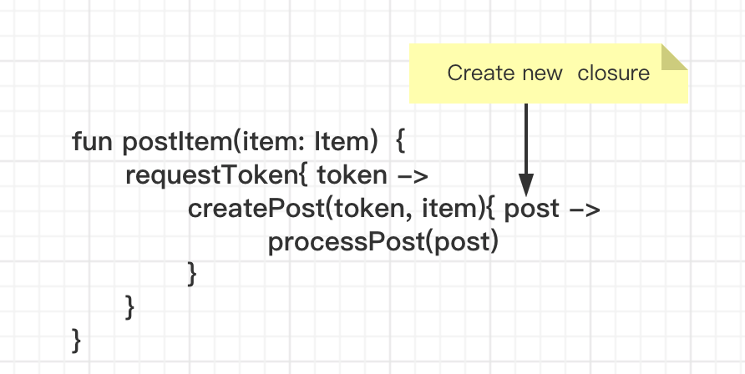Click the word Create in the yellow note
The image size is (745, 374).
point(481,73)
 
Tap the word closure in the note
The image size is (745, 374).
point(613,73)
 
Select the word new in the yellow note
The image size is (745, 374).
point(543,74)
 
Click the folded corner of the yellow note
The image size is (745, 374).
point(674,57)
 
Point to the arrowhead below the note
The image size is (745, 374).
point(526,184)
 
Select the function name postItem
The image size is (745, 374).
point(177,143)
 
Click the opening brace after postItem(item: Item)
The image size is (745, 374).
point(401,142)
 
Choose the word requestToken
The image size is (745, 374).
point(211,176)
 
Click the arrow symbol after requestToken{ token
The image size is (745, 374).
point(413,176)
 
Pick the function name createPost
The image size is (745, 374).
point(256,209)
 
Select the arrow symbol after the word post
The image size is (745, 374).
point(585,210)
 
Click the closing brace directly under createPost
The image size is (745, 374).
point(192,274)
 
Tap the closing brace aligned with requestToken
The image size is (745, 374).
point(129,307)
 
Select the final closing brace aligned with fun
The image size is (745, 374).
point(77,341)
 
